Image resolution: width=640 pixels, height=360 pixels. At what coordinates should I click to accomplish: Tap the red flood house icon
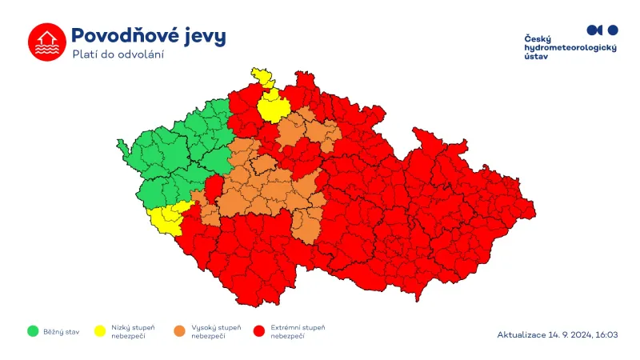coord(46,42)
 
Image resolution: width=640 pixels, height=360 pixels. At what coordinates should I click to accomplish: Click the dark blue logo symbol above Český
coord(602,30)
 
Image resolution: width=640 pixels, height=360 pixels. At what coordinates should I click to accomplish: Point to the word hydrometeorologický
coord(570,49)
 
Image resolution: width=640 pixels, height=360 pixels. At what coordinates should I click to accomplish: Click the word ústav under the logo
coord(537,58)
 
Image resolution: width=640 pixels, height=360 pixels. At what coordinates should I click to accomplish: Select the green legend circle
coord(33,330)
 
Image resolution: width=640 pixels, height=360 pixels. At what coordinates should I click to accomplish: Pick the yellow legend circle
coord(100,330)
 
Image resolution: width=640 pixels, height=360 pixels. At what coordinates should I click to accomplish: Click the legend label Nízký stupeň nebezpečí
coord(133,331)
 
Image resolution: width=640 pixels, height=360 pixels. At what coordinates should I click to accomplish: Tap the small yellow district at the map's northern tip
coord(262,77)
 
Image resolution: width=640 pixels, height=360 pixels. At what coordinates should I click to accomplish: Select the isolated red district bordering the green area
coord(214,189)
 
